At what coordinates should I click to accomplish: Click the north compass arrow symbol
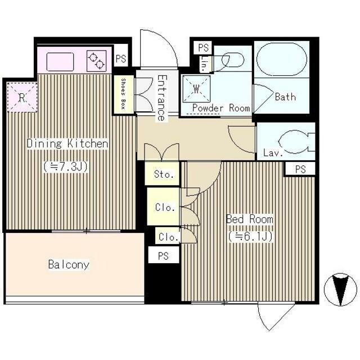coord(340,290)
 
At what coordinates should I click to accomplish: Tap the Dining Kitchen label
coord(67,143)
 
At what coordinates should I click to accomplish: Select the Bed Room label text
coord(250,219)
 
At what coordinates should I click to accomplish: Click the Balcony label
coord(69,264)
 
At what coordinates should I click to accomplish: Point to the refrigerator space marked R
coord(22,97)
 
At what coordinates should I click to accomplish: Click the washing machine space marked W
coord(196,89)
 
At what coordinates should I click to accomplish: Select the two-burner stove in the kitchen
coord(96,61)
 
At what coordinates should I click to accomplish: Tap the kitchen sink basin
coord(60,62)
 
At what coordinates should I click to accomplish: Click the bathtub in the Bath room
coord(282,59)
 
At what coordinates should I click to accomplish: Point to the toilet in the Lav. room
coord(295,142)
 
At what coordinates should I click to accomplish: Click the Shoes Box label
coord(124,94)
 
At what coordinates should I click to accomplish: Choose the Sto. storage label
coord(164,174)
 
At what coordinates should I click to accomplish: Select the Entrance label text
coord(161,98)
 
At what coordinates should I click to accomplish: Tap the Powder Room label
coord(221,108)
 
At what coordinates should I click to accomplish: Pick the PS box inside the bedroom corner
coord(300,169)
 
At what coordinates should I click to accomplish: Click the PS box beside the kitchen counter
coord(121,58)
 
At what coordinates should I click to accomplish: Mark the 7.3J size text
coord(66,167)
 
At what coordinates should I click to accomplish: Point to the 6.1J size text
coord(250,236)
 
